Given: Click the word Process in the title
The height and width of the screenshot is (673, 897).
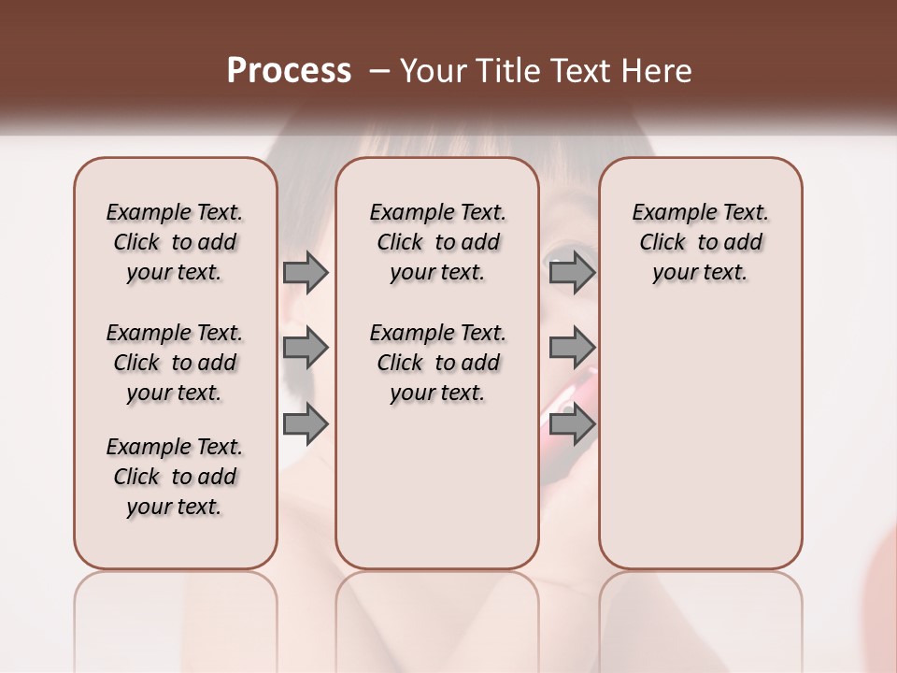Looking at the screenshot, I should pos(289,71).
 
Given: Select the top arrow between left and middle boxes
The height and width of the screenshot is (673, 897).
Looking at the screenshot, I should pos(306,272).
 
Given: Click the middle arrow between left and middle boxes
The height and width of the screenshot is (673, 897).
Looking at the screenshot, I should pos(306,349).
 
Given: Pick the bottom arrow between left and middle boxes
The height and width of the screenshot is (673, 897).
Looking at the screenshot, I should pos(306,424).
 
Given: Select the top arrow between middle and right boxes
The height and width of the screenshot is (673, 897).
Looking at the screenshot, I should pos(572,272).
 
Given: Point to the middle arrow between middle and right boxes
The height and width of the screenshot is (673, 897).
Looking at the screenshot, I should pos(572,349).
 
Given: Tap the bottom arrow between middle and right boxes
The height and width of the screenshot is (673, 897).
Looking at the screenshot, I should pos(572,424).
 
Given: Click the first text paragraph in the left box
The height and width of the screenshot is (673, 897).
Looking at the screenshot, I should pos(175,242).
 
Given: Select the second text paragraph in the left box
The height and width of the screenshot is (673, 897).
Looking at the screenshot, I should pos(175,363).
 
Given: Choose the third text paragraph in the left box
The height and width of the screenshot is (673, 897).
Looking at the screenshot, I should pos(175,477).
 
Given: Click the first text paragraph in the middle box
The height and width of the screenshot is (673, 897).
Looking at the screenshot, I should pos(437,242).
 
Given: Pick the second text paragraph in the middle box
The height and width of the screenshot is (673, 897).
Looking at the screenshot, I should pos(437,363).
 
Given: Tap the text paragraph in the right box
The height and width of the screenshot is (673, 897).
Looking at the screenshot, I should pos(700,242).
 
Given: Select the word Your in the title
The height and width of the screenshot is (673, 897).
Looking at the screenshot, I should pos(434,71).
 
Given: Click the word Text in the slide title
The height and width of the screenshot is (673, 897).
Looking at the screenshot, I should pos(578,71).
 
